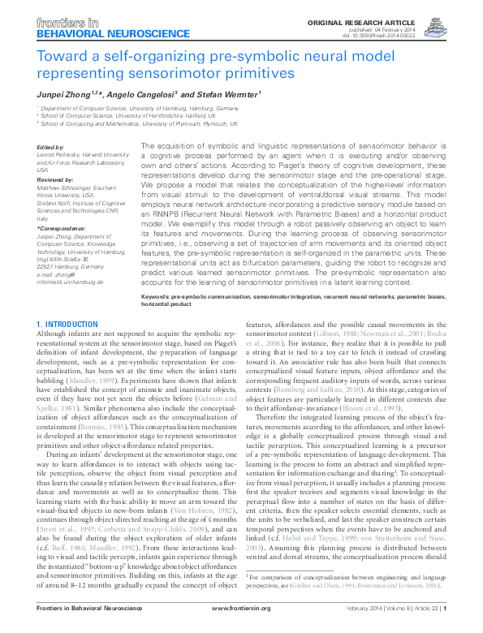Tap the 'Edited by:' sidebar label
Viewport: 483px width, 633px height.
(x=50, y=147)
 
